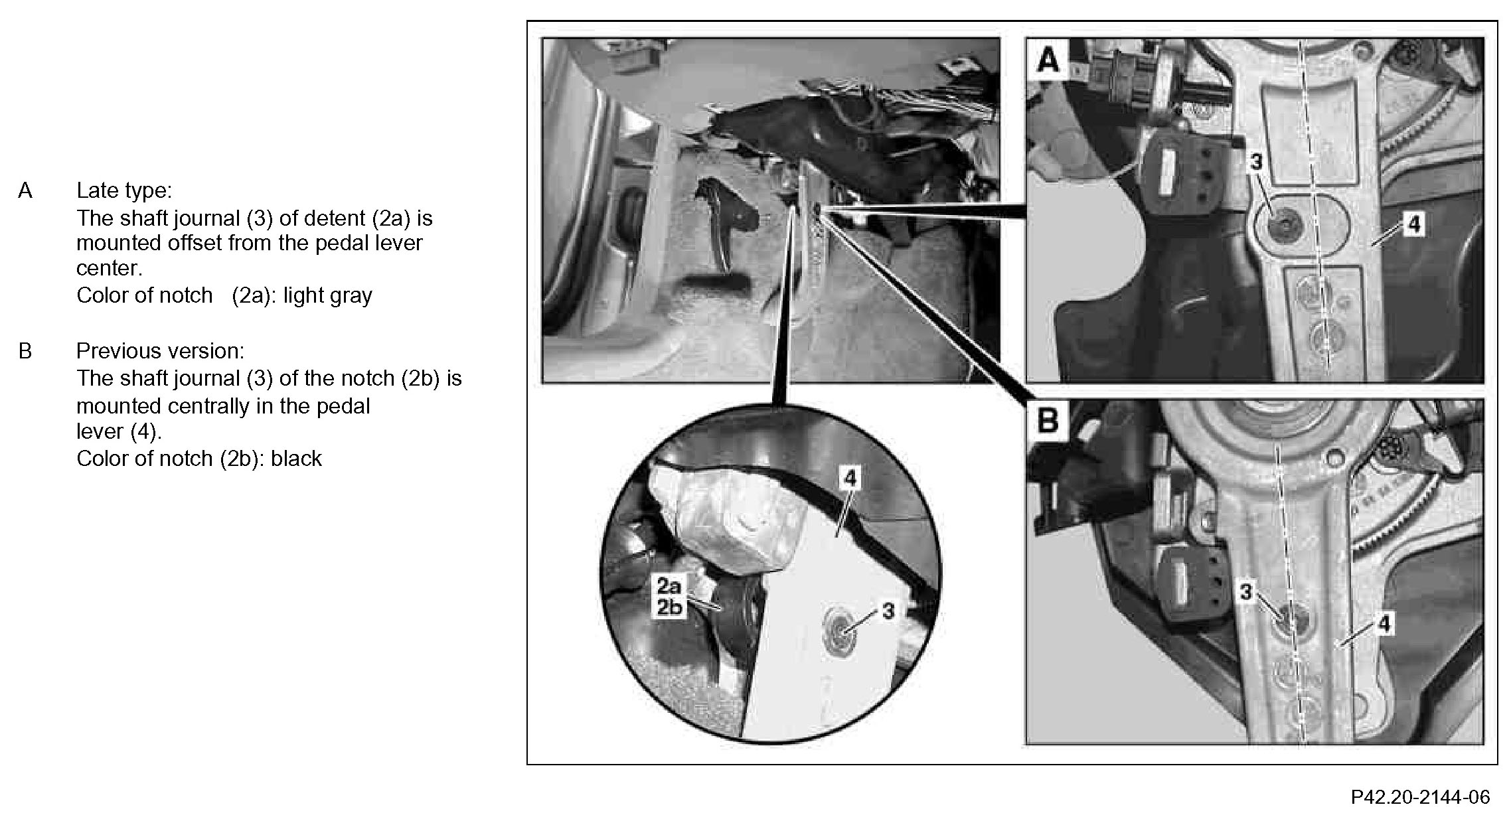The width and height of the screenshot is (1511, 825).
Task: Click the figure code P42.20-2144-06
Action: [x=1420, y=797]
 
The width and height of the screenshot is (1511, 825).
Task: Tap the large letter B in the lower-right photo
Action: [x=1048, y=420]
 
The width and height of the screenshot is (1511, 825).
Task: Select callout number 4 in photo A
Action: [x=1414, y=225]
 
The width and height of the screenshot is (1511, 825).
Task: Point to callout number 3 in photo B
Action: [x=1246, y=591]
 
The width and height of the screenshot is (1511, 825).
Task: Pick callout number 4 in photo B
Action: [x=1384, y=624]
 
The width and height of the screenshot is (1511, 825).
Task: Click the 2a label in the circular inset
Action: [x=669, y=586]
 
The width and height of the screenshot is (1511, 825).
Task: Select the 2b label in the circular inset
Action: [x=669, y=607]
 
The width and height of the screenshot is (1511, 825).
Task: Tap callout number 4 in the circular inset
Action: [x=850, y=479]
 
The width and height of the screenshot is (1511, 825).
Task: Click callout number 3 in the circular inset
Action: [x=888, y=610]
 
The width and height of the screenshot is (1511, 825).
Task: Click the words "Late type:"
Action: [x=124, y=191]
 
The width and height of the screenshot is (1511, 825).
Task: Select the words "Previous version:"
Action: [x=160, y=350]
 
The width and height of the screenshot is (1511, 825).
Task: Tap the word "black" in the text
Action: [x=296, y=459]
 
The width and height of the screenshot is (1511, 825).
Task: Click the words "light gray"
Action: [x=328, y=296]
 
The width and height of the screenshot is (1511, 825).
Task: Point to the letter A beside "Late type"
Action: [x=25, y=191]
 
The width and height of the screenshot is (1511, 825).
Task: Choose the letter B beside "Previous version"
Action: [x=25, y=351]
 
